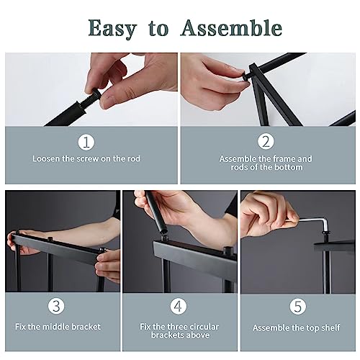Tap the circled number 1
tap(86, 141)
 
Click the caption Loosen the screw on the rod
tap(86, 158)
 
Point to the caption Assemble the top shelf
tap(296, 328)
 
